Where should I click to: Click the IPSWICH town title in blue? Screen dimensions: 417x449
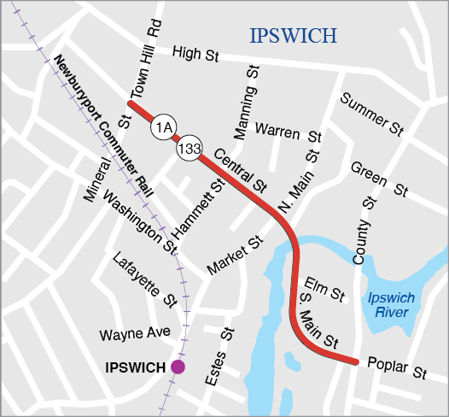[293, 35]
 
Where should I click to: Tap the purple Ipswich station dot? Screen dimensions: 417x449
[178, 367]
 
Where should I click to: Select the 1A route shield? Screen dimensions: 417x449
[163, 127]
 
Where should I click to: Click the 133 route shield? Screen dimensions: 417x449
[189, 150]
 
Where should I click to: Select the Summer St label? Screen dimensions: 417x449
[371, 115]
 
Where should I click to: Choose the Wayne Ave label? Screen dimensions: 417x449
[134, 332]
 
